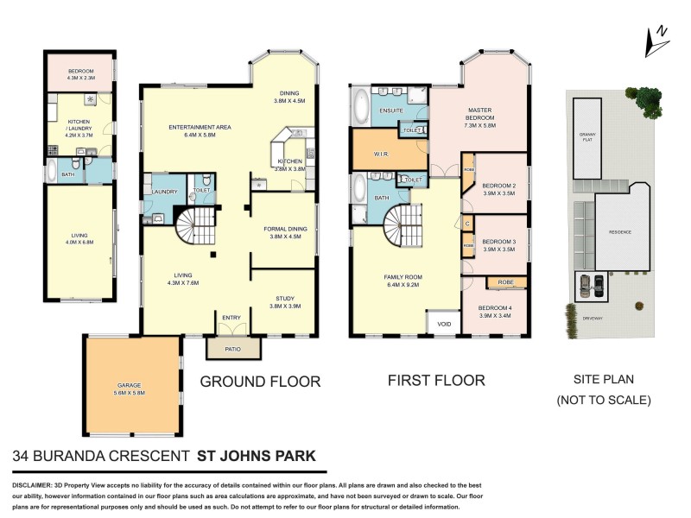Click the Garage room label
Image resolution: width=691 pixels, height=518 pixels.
coord(130,388)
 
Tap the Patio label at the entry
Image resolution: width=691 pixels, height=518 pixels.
coord(233,351)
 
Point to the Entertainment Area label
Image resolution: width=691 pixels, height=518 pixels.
coord(200,131)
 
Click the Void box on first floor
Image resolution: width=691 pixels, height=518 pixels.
coord(444,324)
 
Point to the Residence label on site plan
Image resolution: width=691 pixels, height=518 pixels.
coord(619,231)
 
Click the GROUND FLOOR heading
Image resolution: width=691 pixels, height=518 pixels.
coord(260,381)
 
